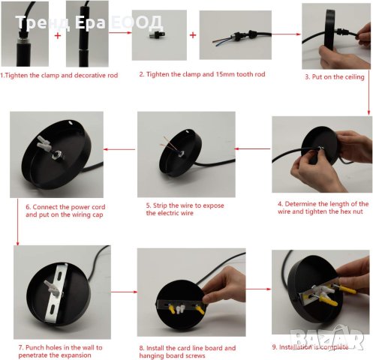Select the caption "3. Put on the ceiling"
pyautogui.click(x=335, y=77)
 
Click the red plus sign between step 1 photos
pyautogui.click(x=58, y=35)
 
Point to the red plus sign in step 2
pyautogui.click(x=193, y=35)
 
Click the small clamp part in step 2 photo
pyautogui.click(x=156, y=34)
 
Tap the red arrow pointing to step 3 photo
pyautogui.click(x=286, y=34)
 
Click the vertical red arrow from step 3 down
pyautogui.click(x=368, y=97)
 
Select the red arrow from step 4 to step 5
pyautogui.click(x=253, y=149)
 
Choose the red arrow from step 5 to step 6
pyautogui.click(x=119, y=149)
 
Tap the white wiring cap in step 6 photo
pyautogui.click(x=44, y=142)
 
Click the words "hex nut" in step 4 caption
pyautogui.click(x=351, y=211)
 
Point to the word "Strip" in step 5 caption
pyautogui.click(x=160, y=205)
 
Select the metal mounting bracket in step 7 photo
pyautogui.click(x=56, y=292)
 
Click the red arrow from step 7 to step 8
pyautogui.click(x=124, y=292)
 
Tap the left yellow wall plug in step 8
pyautogui.click(x=171, y=309)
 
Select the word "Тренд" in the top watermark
pyautogui.click(x=43, y=22)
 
